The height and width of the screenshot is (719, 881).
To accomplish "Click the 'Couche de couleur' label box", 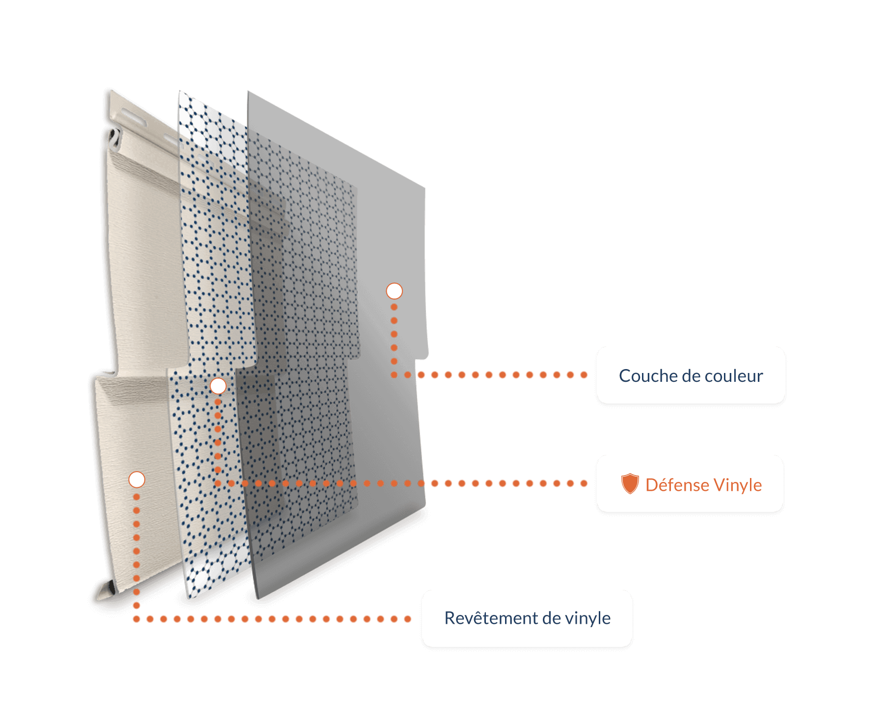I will (x=691, y=375).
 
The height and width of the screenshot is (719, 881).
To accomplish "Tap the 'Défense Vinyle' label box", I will (x=690, y=483).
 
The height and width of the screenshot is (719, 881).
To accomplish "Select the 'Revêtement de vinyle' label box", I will (x=527, y=618).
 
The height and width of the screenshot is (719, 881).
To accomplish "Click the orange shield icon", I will (x=630, y=483).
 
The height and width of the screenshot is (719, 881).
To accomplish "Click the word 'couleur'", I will (x=737, y=376).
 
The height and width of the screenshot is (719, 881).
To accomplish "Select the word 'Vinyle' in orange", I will (x=738, y=485).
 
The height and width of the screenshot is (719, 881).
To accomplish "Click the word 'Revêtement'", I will (x=491, y=618).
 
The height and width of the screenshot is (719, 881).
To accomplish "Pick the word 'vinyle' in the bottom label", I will (x=587, y=618).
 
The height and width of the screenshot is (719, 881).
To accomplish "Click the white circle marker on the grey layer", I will (x=394, y=291).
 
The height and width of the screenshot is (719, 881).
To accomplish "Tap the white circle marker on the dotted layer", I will (x=218, y=386).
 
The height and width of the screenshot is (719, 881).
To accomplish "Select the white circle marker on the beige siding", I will (x=136, y=479).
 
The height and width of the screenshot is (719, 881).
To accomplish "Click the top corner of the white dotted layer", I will (x=181, y=93).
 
